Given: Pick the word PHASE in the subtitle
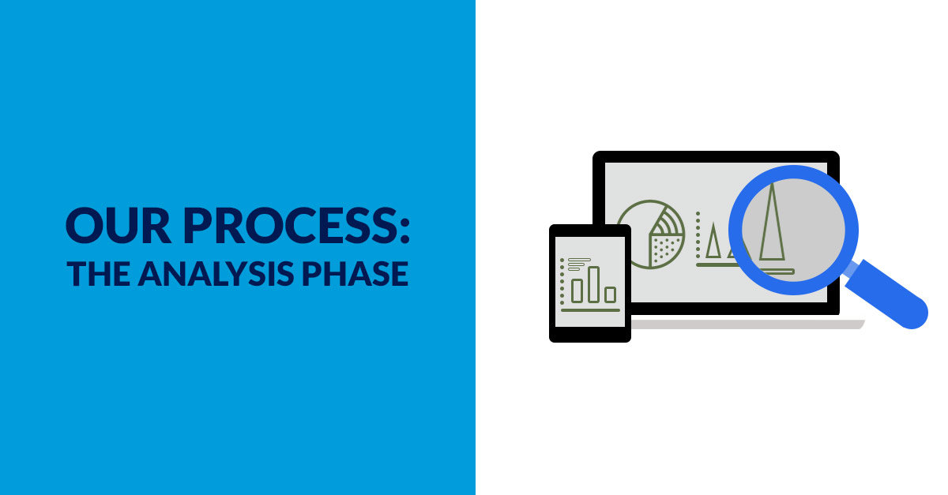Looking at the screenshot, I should pos(363,273).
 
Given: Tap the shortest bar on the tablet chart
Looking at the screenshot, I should pos(610,294).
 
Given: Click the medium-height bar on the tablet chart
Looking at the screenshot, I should pos(577,290).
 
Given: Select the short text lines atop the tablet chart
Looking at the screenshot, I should pos(578,264).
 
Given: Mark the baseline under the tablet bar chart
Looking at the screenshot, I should pos(589,309).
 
